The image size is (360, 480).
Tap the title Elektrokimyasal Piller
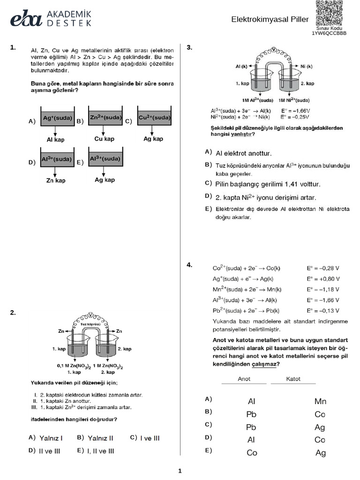point(270,20)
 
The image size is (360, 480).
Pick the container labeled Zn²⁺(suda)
point(105,117)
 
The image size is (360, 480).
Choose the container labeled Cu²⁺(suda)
point(154,117)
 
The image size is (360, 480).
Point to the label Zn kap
point(56,180)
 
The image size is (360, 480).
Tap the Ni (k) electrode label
point(307,67)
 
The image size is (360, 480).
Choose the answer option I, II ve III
point(96,451)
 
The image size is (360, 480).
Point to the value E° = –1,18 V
point(323,289)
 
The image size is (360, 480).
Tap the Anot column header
point(244,379)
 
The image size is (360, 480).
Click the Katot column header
point(293,379)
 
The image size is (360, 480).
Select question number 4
point(189,265)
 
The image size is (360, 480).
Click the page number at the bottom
point(180,471)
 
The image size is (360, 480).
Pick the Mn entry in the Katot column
point(320,401)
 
